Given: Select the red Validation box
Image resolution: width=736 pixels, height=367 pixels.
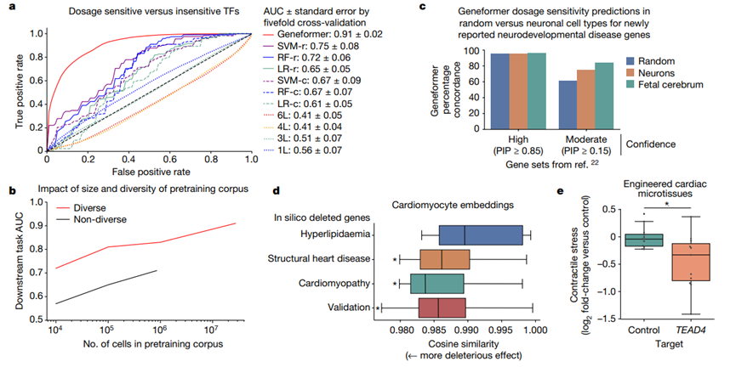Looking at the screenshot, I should (x=440, y=307).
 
